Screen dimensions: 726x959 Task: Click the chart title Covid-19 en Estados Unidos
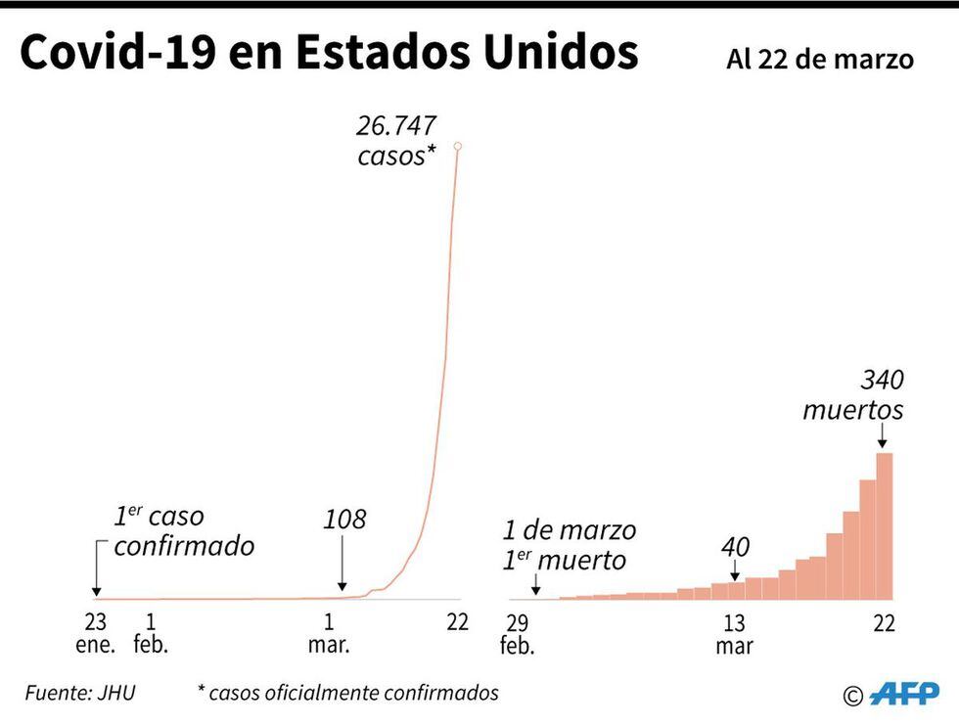(x=329, y=54)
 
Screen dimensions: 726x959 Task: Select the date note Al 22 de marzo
(x=820, y=60)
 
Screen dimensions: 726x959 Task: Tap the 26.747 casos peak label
(x=396, y=141)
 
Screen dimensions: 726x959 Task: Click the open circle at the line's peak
(x=457, y=146)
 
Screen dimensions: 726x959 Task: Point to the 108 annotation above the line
(x=343, y=519)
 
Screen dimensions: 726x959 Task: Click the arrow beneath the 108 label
(x=342, y=565)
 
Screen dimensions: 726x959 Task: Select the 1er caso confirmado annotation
(x=183, y=530)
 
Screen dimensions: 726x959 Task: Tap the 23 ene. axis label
(x=96, y=633)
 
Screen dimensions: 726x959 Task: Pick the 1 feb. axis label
(x=151, y=633)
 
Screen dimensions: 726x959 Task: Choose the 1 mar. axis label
(x=329, y=633)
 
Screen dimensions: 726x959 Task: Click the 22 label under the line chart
(x=457, y=622)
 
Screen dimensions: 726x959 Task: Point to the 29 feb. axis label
(x=517, y=634)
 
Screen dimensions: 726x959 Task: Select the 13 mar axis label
(x=734, y=634)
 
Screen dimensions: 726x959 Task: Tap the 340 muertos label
(x=853, y=394)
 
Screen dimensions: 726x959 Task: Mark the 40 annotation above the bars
(x=735, y=547)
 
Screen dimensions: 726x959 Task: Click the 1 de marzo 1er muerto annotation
(x=570, y=545)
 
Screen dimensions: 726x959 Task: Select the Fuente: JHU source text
(x=80, y=694)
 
